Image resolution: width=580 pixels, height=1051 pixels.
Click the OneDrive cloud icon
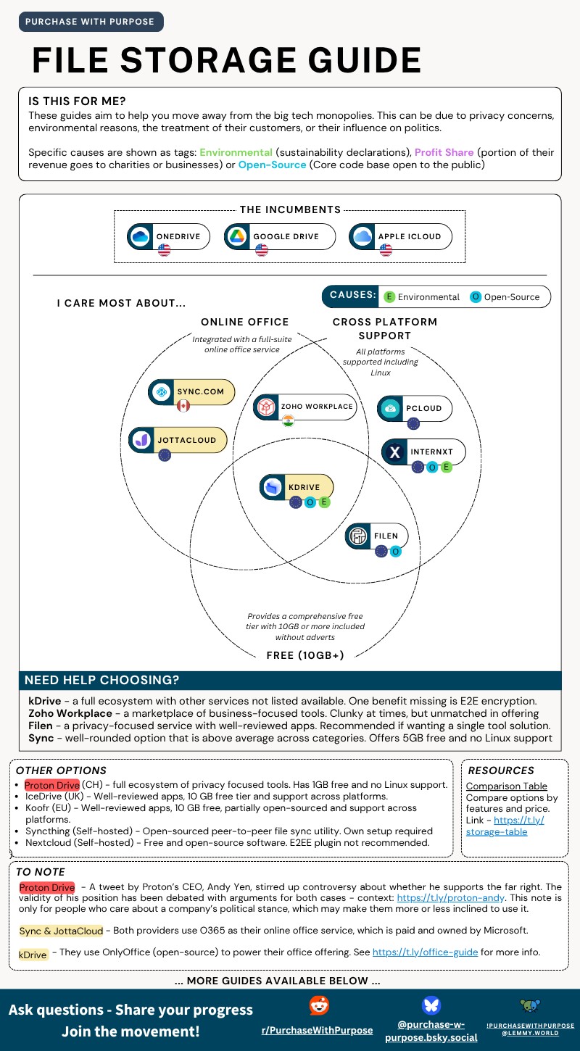[140, 236]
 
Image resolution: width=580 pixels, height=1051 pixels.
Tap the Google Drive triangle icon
[237, 236]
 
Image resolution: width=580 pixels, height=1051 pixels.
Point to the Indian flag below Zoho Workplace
[289, 421]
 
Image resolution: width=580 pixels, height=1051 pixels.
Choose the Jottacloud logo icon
[141, 440]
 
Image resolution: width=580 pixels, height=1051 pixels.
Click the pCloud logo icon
[391, 408]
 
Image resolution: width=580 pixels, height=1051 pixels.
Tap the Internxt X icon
[394, 452]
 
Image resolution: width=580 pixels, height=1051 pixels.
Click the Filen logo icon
[358, 536]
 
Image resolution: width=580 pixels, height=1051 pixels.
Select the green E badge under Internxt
[446, 468]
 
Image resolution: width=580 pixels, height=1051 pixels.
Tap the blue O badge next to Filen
[395, 552]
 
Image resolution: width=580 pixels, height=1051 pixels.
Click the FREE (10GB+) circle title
[305, 655]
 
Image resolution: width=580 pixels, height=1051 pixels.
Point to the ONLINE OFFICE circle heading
[245, 322]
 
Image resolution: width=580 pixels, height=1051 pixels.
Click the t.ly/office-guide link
[425, 952]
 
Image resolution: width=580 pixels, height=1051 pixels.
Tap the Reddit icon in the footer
[318, 1005]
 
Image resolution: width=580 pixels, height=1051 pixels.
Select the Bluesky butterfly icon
[431, 1005]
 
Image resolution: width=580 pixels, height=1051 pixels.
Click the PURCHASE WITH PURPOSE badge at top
[90, 22]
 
